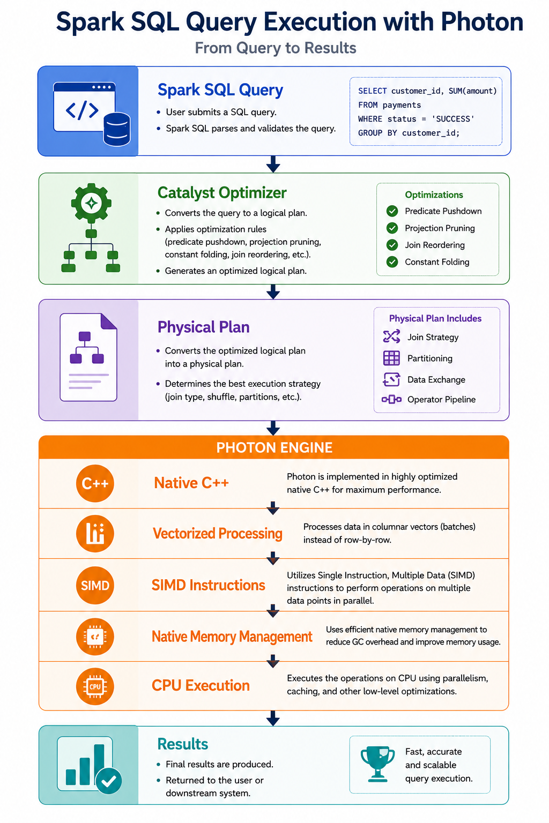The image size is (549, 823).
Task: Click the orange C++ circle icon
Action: click(x=95, y=483)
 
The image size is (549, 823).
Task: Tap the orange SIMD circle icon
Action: click(x=95, y=585)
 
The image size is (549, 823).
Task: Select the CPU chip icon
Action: click(x=95, y=686)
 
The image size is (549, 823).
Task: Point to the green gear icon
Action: click(x=91, y=203)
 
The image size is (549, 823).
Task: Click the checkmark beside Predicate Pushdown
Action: click(x=392, y=211)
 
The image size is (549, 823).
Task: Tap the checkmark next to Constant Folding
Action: click(x=392, y=262)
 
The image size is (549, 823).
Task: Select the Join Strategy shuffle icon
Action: click(x=391, y=336)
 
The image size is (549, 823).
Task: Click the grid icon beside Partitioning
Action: click(x=391, y=358)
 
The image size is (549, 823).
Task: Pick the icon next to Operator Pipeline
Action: click(x=391, y=399)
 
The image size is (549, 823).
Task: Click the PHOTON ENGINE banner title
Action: click(x=274, y=447)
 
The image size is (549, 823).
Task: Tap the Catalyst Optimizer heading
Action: click(x=222, y=193)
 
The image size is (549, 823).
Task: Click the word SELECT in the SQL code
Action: click(x=373, y=91)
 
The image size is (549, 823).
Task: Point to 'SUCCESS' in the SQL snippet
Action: click(x=453, y=119)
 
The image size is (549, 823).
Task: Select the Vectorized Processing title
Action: click(x=218, y=534)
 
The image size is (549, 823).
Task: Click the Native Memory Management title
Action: click(x=232, y=637)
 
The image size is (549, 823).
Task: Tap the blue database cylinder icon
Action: click(x=117, y=129)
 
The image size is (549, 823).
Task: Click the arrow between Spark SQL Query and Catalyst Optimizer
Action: click(x=273, y=164)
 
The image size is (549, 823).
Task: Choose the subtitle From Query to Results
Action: click(x=276, y=48)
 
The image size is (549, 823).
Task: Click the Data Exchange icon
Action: click(x=391, y=379)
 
